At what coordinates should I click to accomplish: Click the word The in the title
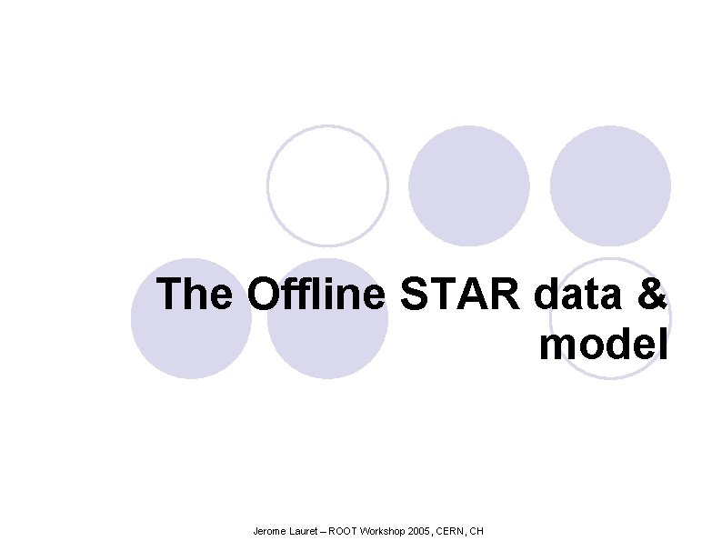[196, 295]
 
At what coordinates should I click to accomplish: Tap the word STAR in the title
[460, 295]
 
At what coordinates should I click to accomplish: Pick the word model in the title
[604, 345]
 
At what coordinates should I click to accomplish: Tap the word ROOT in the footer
[344, 530]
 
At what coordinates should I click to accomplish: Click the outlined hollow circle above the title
[327, 185]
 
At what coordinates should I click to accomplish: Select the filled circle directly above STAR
[468, 185]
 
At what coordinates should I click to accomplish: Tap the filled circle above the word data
[610, 185]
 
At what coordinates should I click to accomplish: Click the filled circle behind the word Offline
[327, 350]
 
